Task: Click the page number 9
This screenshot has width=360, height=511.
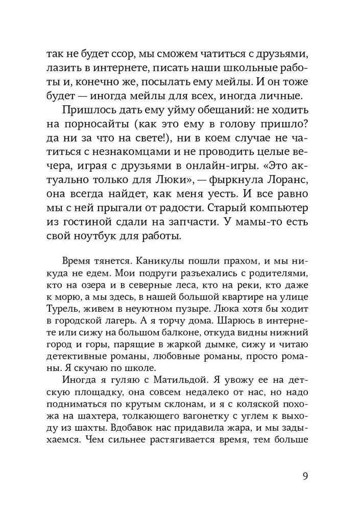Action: [304, 478]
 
